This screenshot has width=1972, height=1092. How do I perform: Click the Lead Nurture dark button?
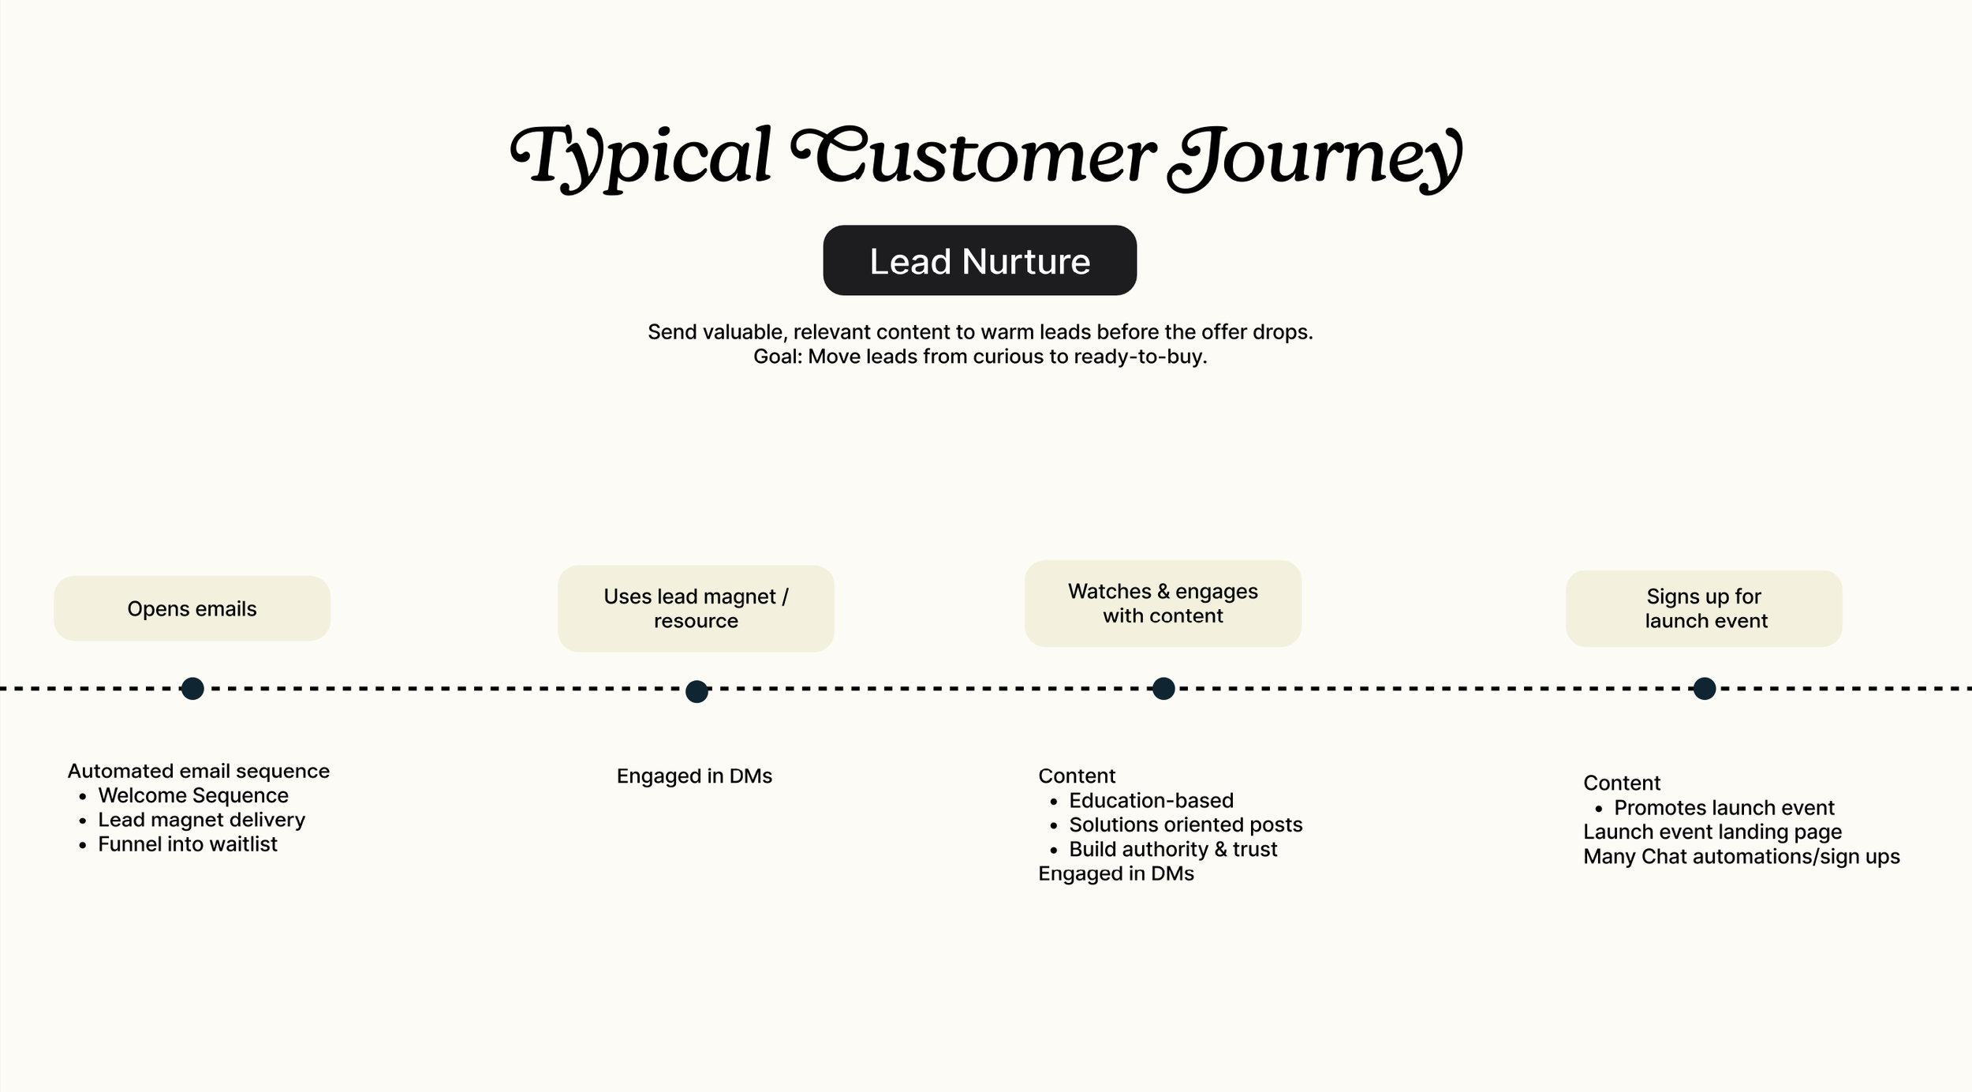point(979,260)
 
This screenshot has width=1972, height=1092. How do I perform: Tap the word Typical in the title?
point(641,157)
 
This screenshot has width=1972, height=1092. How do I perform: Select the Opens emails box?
point(192,608)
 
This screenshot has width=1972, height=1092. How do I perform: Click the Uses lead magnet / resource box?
point(696,608)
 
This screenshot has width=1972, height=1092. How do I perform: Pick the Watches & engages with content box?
point(1163,604)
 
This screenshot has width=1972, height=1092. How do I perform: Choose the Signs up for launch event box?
point(1704,608)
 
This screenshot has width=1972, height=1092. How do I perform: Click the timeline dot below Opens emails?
point(192,689)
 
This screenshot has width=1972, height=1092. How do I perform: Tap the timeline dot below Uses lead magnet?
point(697,692)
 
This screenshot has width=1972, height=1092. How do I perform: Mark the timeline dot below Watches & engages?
point(1163,689)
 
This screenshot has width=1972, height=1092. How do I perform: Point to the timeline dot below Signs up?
point(1705,689)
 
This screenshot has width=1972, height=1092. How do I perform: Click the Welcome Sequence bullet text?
point(193,795)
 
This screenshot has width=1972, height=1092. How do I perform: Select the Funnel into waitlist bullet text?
point(188,844)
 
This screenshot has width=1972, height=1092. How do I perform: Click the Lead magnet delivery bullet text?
point(201,820)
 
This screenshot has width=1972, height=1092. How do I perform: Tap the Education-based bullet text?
point(1151,800)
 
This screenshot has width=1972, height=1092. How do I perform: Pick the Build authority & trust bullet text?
point(1173,849)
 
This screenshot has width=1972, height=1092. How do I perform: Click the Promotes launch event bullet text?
point(1724,808)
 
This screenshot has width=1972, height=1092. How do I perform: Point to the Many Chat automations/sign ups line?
point(1741,857)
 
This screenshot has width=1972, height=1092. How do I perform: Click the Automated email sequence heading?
point(199,771)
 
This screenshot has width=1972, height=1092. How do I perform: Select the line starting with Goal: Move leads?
point(980,357)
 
